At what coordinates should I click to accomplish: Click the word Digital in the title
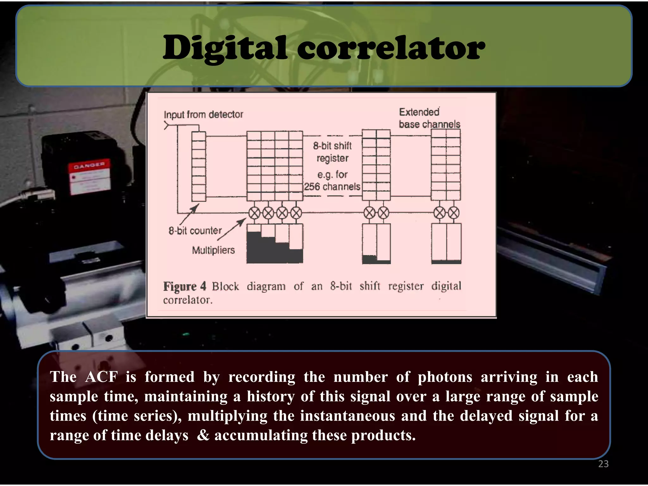225,48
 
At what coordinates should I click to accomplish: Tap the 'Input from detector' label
203,115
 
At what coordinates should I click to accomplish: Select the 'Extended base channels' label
429,118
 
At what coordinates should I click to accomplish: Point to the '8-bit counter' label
195,231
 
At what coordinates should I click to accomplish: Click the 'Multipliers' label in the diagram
213,250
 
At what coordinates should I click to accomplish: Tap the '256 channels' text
332,187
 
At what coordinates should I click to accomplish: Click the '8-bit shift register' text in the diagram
332,152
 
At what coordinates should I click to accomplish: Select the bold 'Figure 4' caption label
184,286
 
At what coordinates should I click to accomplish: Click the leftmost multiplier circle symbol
254,213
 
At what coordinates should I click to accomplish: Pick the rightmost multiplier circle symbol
453,213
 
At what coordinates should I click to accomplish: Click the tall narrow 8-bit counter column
199,166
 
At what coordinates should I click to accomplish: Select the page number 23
603,464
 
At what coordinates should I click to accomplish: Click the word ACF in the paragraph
101,377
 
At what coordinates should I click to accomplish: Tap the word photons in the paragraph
445,377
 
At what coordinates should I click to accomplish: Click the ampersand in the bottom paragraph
203,435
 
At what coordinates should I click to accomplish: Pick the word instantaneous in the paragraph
347,416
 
